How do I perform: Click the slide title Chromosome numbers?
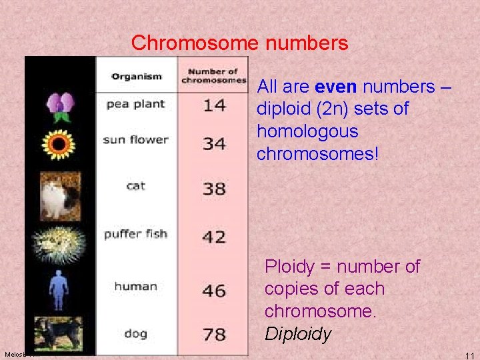point(239,43)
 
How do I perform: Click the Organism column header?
point(137,76)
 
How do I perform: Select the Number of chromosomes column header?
point(213,76)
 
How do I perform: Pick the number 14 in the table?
point(214,105)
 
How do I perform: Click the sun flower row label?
point(135,140)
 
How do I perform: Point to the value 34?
point(214,143)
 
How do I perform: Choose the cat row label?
point(135,185)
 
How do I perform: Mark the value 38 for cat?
point(214,189)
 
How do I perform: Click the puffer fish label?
point(135,234)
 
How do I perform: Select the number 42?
point(214,237)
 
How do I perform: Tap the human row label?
point(135,287)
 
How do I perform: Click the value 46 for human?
point(214,291)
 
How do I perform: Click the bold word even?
point(337,87)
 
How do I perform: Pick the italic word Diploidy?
point(297,334)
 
